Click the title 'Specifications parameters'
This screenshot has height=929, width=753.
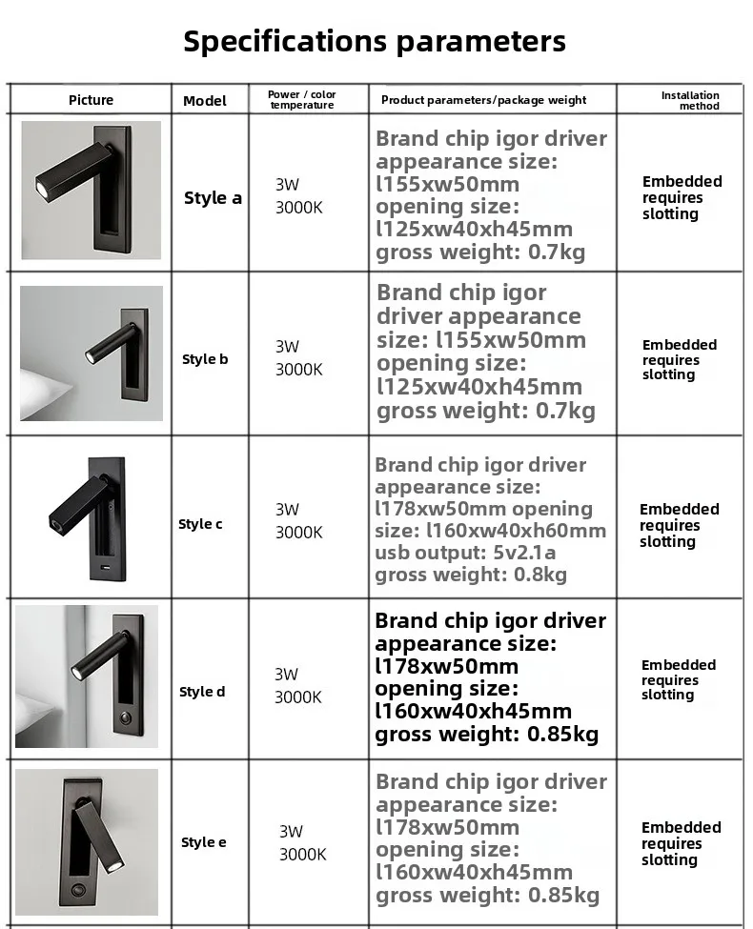coord(375,42)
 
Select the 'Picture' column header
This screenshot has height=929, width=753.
coord(91,100)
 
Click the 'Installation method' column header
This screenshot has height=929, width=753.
coord(691,100)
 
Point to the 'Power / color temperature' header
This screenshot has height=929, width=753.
coord(302,99)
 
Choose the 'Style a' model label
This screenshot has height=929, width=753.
coord(213,198)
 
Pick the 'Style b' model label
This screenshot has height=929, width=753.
coord(205,359)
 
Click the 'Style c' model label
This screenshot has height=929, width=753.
coord(201,524)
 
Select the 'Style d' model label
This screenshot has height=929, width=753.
coord(202,692)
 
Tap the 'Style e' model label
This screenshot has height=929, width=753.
coord(204,842)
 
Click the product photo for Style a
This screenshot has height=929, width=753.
coord(91,190)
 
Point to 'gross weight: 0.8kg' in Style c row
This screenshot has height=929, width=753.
coord(471,575)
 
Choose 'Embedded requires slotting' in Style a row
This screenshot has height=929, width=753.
coord(682,197)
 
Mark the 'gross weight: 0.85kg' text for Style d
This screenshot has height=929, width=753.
coord(486,735)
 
